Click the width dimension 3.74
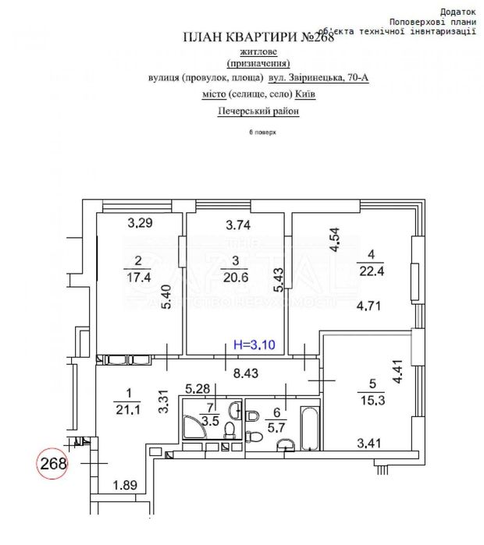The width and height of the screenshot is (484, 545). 239,225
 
